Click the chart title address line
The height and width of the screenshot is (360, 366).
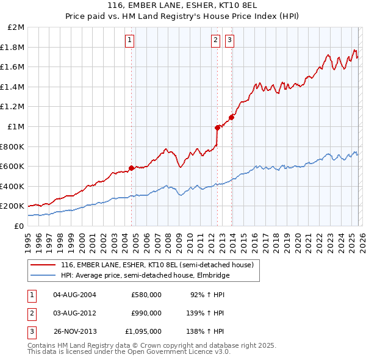click(183, 5)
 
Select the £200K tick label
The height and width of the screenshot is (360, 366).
click(13, 206)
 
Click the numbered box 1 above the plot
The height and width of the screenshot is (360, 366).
click(131, 41)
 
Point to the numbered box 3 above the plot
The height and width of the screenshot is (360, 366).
click(230, 41)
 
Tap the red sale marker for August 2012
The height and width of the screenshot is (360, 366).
click(217, 128)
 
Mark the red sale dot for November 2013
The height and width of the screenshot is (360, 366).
click(232, 117)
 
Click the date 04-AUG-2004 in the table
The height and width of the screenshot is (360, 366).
click(74, 295)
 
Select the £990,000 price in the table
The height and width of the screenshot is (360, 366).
click(146, 313)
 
